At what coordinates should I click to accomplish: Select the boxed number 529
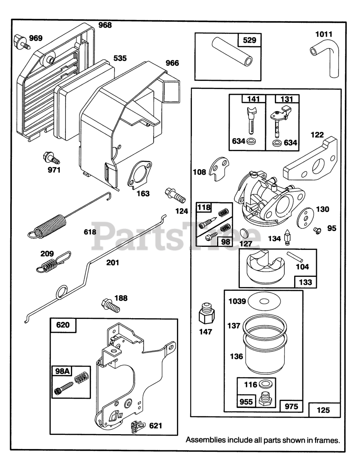[x=249, y=40]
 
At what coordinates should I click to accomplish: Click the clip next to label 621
[x=137, y=426]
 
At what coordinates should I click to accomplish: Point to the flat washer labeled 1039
[x=264, y=302]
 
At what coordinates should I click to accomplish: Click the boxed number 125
[x=324, y=410]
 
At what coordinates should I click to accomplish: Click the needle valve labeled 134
[x=288, y=237]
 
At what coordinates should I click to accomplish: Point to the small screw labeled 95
[x=317, y=230]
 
